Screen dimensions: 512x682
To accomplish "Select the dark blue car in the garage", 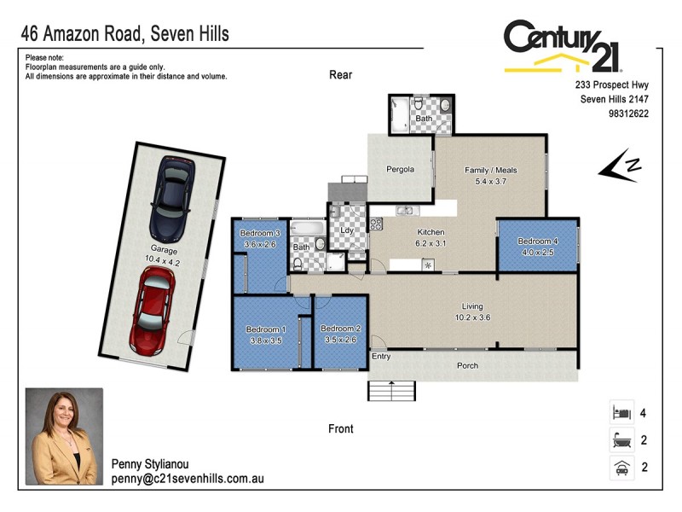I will tap(171, 201).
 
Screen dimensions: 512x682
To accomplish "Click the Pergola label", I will tap(400, 169).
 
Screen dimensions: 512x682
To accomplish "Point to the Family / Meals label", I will tap(490, 170).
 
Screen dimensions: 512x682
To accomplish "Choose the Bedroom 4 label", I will tap(537, 241).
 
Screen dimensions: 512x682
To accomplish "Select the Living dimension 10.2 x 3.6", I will tap(471, 317).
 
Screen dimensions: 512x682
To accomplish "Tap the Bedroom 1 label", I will tap(265, 329).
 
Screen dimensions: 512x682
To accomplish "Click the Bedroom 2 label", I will tap(340, 329).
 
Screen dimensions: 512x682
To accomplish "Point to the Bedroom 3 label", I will tap(260, 233).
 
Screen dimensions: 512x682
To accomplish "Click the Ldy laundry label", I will tap(347, 230).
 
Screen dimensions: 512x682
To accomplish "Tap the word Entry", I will tap(381, 357).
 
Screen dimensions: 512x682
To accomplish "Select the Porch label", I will tap(467, 366).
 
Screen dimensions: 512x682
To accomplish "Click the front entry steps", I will tap(392, 391).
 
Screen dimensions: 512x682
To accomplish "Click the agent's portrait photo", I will tap(64, 437).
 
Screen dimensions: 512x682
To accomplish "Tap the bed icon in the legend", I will tap(620, 413).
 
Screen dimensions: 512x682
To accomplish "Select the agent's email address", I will tap(187, 480).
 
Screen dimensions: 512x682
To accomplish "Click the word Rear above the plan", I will tap(340, 75).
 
